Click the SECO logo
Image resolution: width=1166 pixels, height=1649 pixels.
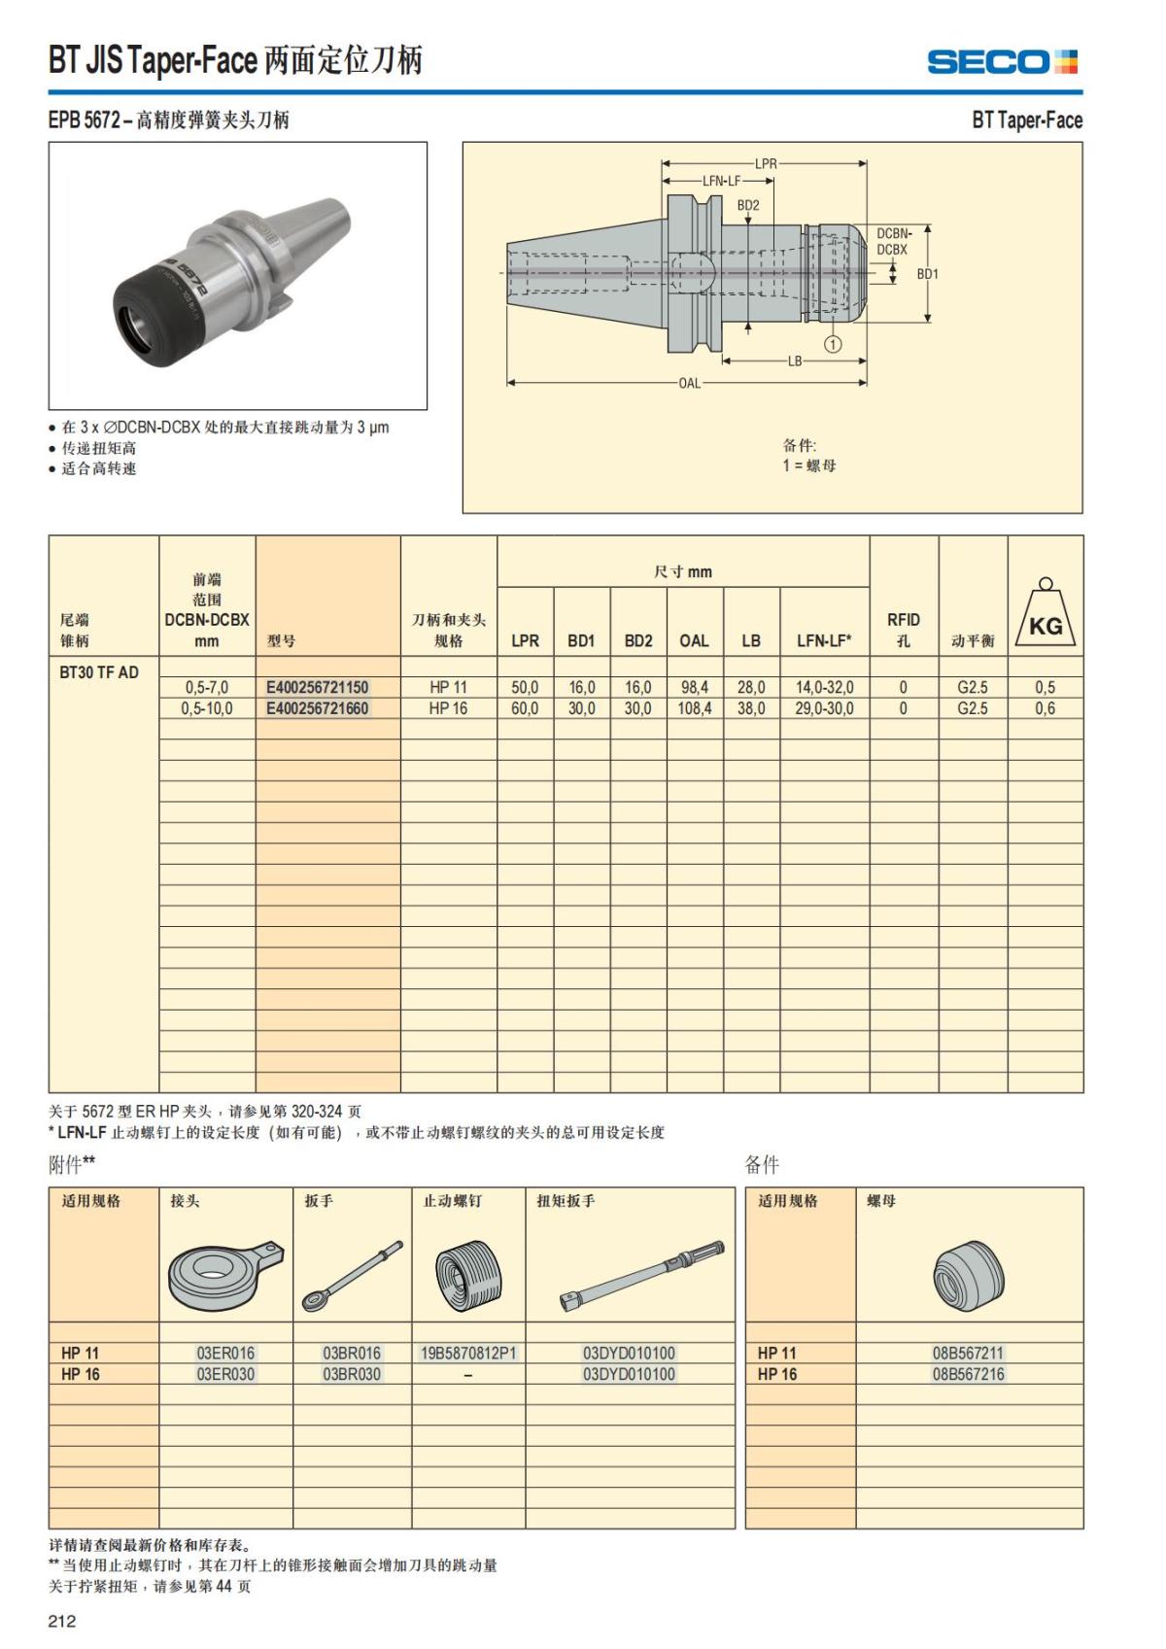point(1002,62)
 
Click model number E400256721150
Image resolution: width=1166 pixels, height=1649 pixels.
point(318,687)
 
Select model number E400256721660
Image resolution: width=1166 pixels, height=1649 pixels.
point(318,708)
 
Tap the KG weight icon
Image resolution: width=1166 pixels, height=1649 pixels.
point(1046,614)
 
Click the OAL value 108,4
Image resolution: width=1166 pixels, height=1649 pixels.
point(694,708)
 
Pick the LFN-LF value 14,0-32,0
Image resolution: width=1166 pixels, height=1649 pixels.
point(824,687)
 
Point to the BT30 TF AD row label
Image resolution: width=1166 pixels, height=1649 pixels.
point(99,671)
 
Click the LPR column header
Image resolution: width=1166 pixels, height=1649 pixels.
point(525,640)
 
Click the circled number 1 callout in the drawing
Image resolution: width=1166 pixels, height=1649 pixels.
point(833,343)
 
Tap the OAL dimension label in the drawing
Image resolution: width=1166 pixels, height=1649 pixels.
point(689,383)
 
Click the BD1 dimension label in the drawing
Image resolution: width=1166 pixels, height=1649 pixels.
point(928,274)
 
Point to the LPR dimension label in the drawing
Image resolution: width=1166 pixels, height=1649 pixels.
point(766,163)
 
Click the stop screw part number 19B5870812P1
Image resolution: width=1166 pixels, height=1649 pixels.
point(468,1353)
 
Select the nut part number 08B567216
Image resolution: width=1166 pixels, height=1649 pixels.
point(968,1374)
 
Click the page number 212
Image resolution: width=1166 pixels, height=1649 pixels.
point(61,1620)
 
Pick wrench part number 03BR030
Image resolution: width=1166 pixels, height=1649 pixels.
point(352,1374)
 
